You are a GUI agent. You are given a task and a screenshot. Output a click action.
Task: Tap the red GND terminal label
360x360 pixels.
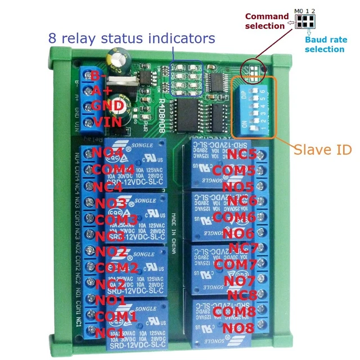pyautogui.click(x=107, y=106)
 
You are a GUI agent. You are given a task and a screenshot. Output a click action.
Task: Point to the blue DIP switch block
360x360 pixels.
pyautogui.click(x=254, y=107)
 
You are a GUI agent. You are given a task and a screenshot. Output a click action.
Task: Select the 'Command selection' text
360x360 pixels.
pyautogui.click(x=265, y=21)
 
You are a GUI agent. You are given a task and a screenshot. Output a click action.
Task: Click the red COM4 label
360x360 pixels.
pyautogui.click(x=114, y=169)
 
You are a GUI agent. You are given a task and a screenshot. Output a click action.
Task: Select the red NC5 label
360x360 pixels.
pyautogui.click(x=242, y=154)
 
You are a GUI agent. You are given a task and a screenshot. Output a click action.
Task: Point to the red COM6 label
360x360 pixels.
pyautogui.click(x=236, y=217)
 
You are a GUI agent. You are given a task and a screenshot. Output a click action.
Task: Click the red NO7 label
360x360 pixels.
pyautogui.click(x=240, y=280)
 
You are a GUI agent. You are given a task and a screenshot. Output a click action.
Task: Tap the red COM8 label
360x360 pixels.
pyautogui.click(x=236, y=311)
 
